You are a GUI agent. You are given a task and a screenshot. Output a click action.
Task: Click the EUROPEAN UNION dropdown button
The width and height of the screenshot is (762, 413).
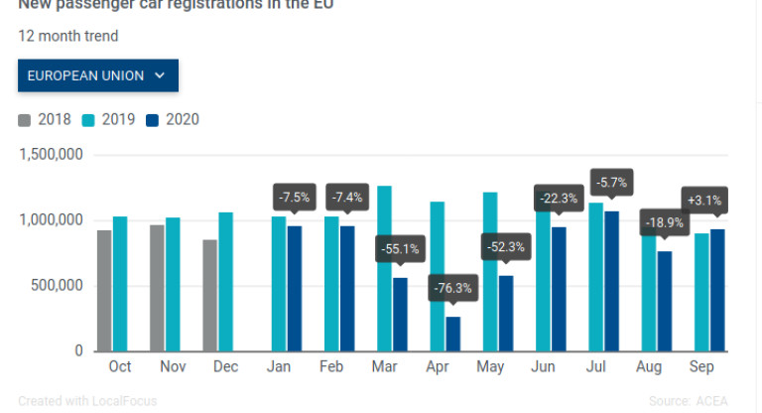coord(97,75)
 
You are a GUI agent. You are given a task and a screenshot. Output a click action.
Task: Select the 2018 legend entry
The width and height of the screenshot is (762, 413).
coord(45,120)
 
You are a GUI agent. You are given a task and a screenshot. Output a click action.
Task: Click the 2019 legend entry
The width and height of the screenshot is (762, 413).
coord(109,120)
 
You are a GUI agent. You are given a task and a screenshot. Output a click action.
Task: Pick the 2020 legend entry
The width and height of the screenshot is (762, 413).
coord(174,120)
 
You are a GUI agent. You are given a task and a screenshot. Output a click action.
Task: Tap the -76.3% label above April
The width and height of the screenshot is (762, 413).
coord(452,290)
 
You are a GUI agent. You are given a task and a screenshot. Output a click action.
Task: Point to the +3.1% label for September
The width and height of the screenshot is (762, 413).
coord(704,201)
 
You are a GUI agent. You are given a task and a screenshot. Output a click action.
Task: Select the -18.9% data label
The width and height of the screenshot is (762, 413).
coord(664,223)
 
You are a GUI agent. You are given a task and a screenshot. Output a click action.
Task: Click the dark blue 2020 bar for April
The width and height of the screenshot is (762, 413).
coord(453,334)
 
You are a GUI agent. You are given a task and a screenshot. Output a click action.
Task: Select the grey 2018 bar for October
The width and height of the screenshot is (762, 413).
coord(104,290)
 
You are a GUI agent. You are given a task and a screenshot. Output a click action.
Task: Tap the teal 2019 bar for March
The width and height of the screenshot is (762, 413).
coord(384,268)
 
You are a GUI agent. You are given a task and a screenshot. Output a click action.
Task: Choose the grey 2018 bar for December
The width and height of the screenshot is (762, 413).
coord(210,295)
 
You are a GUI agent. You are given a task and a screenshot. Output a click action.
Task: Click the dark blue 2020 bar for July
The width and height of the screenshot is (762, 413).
coord(611,281)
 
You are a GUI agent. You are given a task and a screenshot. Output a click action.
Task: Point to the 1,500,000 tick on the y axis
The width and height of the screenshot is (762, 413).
coord(51,155)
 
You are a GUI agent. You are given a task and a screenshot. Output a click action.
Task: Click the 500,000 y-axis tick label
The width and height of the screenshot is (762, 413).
coord(56,286)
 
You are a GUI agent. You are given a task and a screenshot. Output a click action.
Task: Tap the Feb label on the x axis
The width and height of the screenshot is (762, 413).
coord(331,367)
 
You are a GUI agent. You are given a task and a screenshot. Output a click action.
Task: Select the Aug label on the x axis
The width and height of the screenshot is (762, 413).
coord(650,367)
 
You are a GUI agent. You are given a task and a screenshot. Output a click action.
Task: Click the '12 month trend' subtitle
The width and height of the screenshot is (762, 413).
coord(68,37)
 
